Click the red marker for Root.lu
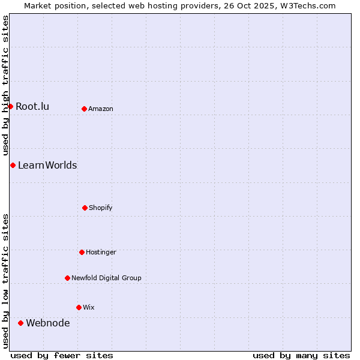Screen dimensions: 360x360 [x=10, y=106]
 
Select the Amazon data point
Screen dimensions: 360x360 [x=84, y=109]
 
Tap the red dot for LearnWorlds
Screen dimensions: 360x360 [x=13, y=165]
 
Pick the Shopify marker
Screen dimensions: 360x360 [x=85, y=208]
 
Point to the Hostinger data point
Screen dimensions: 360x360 [x=82, y=252]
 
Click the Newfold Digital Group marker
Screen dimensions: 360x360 [x=67, y=278]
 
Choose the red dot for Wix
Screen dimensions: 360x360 [x=79, y=307]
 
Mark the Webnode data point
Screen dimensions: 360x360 [x=20, y=323]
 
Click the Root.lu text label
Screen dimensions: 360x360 [x=32, y=107]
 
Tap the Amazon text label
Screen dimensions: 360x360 [x=101, y=109]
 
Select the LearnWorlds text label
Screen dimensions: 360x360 [x=47, y=166]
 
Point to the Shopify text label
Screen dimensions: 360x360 [x=101, y=208]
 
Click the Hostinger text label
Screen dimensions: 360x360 [x=101, y=253]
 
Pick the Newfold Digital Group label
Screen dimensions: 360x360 [x=106, y=278]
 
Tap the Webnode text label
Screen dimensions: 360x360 [x=48, y=323]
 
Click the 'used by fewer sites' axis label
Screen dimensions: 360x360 [x=62, y=355]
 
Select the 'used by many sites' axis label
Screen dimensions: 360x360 [x=301, y=355]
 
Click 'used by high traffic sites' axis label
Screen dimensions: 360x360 [x=6, y=86]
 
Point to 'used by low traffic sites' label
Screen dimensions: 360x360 [x=6, y=281]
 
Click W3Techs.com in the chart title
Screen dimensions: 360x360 [x=305, y=6]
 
